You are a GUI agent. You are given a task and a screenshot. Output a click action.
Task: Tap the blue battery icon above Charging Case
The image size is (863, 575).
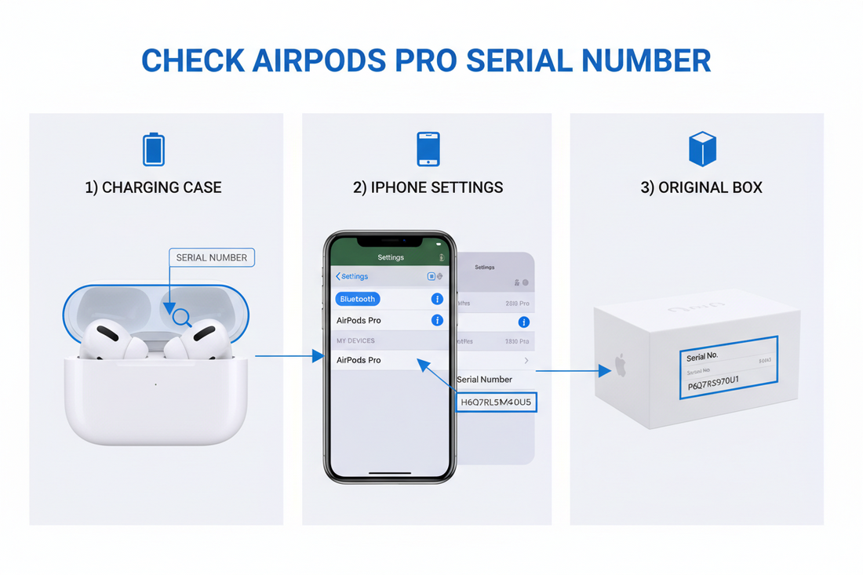[154, 149]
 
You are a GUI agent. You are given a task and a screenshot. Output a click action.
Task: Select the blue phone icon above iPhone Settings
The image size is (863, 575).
[428, 149]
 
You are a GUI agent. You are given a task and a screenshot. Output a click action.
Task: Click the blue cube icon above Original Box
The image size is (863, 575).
[702, 148]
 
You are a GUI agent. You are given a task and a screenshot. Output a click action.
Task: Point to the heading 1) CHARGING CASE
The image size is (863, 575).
[153, 187]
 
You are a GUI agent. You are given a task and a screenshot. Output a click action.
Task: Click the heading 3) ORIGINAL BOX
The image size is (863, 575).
[701, 187]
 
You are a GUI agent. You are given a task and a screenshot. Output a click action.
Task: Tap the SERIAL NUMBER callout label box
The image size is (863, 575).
[211, 257]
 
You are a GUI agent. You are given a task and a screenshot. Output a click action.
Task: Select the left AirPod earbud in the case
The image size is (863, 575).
[106, 339]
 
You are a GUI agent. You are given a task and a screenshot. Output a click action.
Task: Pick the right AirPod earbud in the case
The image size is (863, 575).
[200, 339]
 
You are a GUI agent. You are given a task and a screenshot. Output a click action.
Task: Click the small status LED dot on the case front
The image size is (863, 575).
[155, 384]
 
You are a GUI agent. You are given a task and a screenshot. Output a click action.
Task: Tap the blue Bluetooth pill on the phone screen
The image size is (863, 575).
[358, 299]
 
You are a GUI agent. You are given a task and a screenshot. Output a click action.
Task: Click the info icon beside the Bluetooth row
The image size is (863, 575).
[437, 299]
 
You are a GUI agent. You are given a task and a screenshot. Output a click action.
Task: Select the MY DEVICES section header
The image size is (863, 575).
[355, 340]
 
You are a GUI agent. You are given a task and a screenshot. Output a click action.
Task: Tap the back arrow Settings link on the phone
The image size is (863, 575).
[352, 276]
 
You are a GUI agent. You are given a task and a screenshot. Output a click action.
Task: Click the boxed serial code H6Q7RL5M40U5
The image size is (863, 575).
[496, 402]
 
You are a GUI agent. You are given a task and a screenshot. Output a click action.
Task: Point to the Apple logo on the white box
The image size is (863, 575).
[621, 366]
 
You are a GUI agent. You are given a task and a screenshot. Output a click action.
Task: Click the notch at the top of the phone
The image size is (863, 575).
[390, 240]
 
